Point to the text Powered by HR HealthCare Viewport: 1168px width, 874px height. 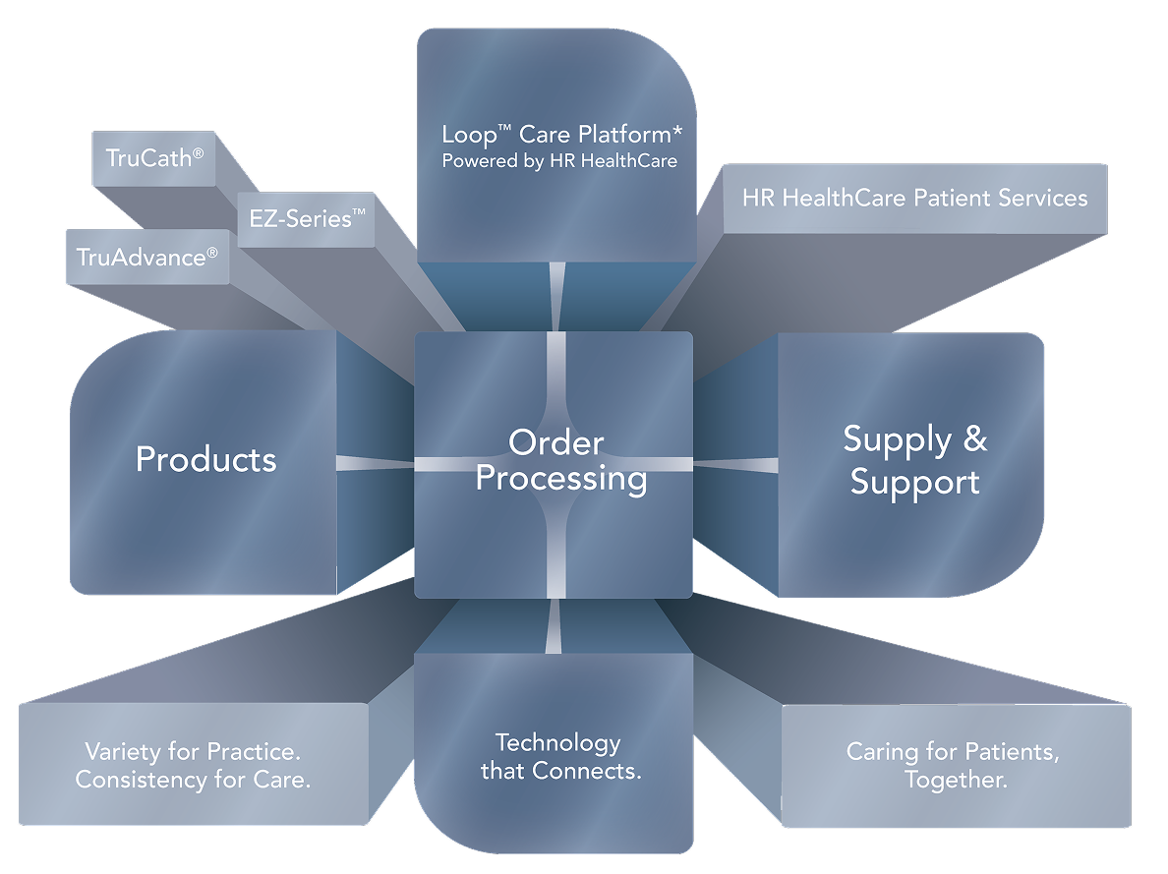point(559,160)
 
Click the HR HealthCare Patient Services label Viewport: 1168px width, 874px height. point(914,198)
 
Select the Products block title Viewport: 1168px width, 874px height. point(206,459)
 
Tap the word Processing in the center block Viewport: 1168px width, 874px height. point(561,479)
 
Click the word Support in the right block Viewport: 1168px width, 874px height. point(914,483)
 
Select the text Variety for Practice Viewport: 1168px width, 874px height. point(192,752)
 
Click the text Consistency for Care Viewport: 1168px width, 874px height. point(194,781)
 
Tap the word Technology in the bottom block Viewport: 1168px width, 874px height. point(557,742)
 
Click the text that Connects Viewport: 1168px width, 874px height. point(560,771)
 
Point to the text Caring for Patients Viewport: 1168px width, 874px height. point(952,753)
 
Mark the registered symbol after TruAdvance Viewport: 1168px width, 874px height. point(212,253)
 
